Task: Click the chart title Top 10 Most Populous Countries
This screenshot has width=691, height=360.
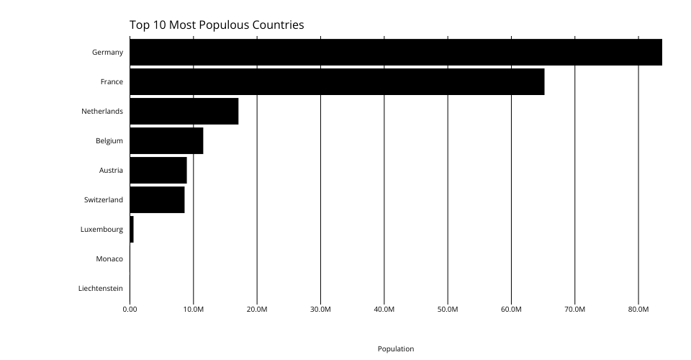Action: point(217,25)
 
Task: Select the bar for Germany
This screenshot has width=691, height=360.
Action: point(395,53)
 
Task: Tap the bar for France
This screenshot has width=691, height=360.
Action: point(337,82)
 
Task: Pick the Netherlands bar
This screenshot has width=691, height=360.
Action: point(184,112)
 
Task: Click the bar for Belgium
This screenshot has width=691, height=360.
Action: point(166,140)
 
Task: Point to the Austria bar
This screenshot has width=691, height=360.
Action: point(158,170)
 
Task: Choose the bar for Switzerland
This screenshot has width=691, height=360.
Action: point(157,199)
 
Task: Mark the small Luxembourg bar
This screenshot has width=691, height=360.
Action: point(132,229)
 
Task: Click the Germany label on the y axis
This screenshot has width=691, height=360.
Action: point(107,53)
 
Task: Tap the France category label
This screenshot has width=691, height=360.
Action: point(112,82)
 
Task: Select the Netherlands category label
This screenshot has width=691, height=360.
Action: point(102,112)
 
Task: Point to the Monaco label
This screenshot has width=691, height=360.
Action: point(109,258)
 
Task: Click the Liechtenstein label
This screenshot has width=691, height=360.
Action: point(101,288)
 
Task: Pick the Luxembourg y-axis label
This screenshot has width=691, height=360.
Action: point(101,229)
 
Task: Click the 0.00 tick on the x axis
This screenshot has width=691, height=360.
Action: point(130,310)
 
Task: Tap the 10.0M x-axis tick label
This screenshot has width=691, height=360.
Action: point(193,310)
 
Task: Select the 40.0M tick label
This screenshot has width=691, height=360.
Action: point(384,310)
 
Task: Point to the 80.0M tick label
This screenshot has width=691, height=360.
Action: point(638,310)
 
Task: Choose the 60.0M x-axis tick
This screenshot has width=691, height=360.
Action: point(511,310)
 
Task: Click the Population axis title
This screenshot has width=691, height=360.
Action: point(396,348)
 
